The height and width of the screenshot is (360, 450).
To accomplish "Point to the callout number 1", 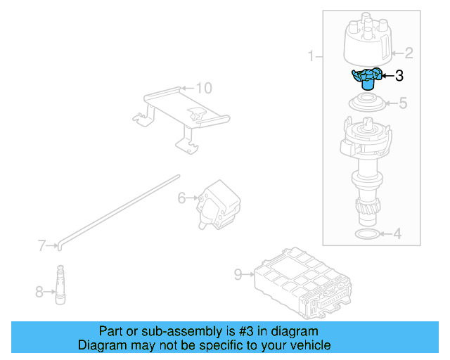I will tap(311, 56).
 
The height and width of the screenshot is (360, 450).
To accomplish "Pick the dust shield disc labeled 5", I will tap(368, 103).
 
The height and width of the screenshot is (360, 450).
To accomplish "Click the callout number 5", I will tap(402, 104).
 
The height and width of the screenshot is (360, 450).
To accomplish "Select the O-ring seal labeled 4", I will tap(366, 233).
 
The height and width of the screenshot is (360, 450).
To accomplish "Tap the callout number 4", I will tap(397, 233).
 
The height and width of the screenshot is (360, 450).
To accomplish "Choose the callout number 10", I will tap(202, 89).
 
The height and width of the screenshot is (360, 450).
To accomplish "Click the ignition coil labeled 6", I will tap(219, 205).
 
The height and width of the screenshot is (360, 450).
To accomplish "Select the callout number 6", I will tap(181, 199).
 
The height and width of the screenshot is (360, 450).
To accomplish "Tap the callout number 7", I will tap(42, 245).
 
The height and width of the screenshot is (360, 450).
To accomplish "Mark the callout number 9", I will tap(238, 274).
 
